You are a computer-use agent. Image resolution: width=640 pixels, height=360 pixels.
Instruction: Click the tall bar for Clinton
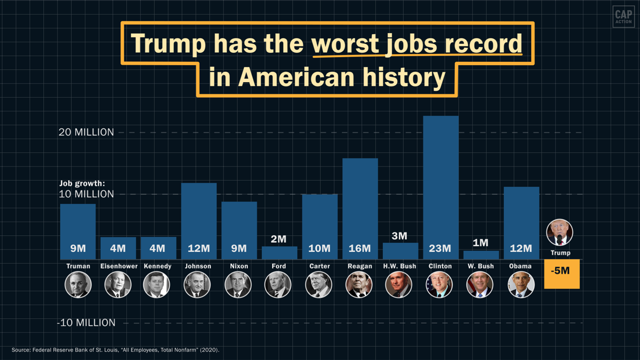coord(441,181)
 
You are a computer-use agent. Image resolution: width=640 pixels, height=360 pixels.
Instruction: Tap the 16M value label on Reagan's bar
coord(360,249)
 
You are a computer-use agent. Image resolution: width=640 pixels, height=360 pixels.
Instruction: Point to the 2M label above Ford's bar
coord(279,238)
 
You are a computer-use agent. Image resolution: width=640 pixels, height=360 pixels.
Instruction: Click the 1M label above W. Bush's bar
coord(481,243)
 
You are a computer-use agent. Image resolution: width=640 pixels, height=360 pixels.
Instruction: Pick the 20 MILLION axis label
coord(86,132)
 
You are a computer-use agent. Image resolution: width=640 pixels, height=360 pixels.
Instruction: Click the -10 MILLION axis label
coord(86,323)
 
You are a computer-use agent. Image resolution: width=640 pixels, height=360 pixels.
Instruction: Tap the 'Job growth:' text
coord(82,184)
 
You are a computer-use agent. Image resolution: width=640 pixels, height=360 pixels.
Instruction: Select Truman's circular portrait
coord(78,285)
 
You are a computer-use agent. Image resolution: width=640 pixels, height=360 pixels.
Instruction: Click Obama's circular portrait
coord(521,285)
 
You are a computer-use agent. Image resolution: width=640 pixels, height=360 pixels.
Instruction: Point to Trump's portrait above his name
coord(559,233)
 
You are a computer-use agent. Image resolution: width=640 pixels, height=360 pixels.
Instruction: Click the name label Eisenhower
coord(118,266)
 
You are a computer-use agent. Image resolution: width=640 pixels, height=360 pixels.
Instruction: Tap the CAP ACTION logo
coord(623,17)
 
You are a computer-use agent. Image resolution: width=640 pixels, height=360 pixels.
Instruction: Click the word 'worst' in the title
coord(345,44)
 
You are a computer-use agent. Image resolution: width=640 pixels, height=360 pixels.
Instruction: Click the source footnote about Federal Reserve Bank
coord(116,350)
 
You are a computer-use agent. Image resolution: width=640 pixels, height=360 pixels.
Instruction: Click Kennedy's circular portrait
coord(157,285)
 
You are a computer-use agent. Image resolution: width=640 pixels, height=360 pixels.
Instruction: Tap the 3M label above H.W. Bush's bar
coord(399,236)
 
